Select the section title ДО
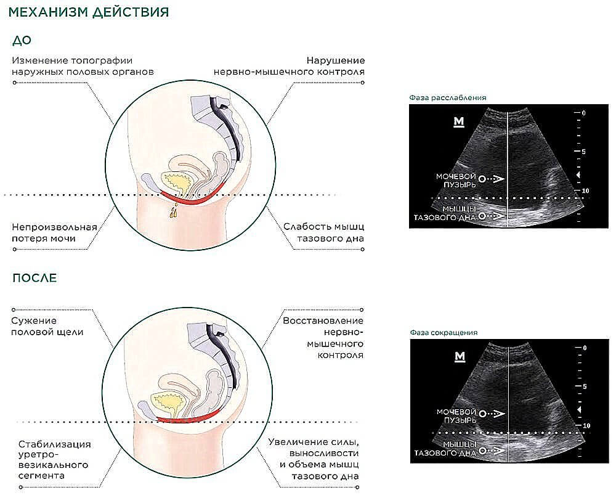click(x=22, y=41)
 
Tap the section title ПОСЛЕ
click(x=34, y=278)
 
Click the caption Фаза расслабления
click(x=448, y=97)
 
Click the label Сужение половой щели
click(x=47, y=326)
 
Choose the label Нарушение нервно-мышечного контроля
click(x=290, y=66)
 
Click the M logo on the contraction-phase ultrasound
click(x=458, y=357)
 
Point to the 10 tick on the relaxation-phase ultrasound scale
click(x=585, y=191)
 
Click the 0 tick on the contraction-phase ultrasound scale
click(x=585, y=348)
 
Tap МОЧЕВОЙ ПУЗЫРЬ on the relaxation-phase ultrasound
click(x=456, y=180)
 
